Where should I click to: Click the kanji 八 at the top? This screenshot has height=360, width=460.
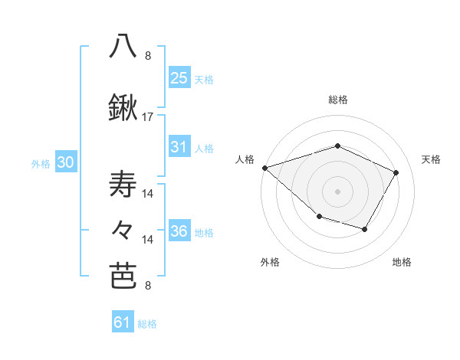point(123,46)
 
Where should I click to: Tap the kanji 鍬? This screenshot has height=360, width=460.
point(123,109)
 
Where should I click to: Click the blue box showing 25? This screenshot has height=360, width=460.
point(179,78)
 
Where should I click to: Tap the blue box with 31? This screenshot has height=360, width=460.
point(179,147)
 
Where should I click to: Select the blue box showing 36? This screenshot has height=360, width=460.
point(179,231)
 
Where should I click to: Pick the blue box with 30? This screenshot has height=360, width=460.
point(65,163)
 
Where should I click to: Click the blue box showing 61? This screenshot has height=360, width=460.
point(123,322)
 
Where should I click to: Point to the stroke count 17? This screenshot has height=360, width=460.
point(148,117)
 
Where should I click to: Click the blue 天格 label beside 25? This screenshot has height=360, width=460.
point(204,80)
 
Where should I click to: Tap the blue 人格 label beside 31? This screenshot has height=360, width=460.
point(204,149)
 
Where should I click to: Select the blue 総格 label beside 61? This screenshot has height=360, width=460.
point(147,324)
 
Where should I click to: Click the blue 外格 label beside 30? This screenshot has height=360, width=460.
point(41,164)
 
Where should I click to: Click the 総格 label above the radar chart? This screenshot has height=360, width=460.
point(338,100)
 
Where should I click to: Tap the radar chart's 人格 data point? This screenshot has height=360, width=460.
point(264,167)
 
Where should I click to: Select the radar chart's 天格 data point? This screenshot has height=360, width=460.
point(396,172)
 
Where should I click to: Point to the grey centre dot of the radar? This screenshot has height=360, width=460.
point(338,191)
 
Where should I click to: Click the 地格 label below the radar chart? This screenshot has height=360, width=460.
point(402,263)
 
